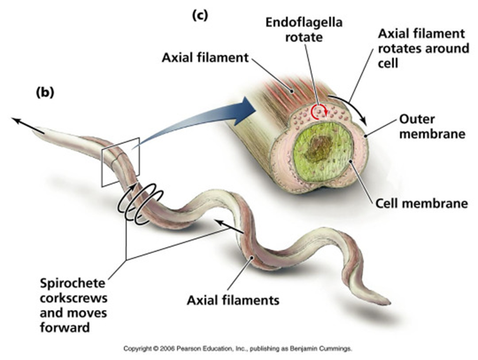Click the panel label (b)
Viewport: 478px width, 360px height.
click(x=45, y=92)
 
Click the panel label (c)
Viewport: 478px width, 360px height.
click(x=199, y=15)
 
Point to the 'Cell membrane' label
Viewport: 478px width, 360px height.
click(x=421, y=204)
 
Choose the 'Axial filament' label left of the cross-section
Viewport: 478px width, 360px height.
click(x=205, y=58)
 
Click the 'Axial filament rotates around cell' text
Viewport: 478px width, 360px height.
click(x=423, y=48)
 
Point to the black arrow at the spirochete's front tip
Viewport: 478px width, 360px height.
click(x=25, y=124)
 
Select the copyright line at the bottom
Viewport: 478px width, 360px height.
click(x=238, y=347)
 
